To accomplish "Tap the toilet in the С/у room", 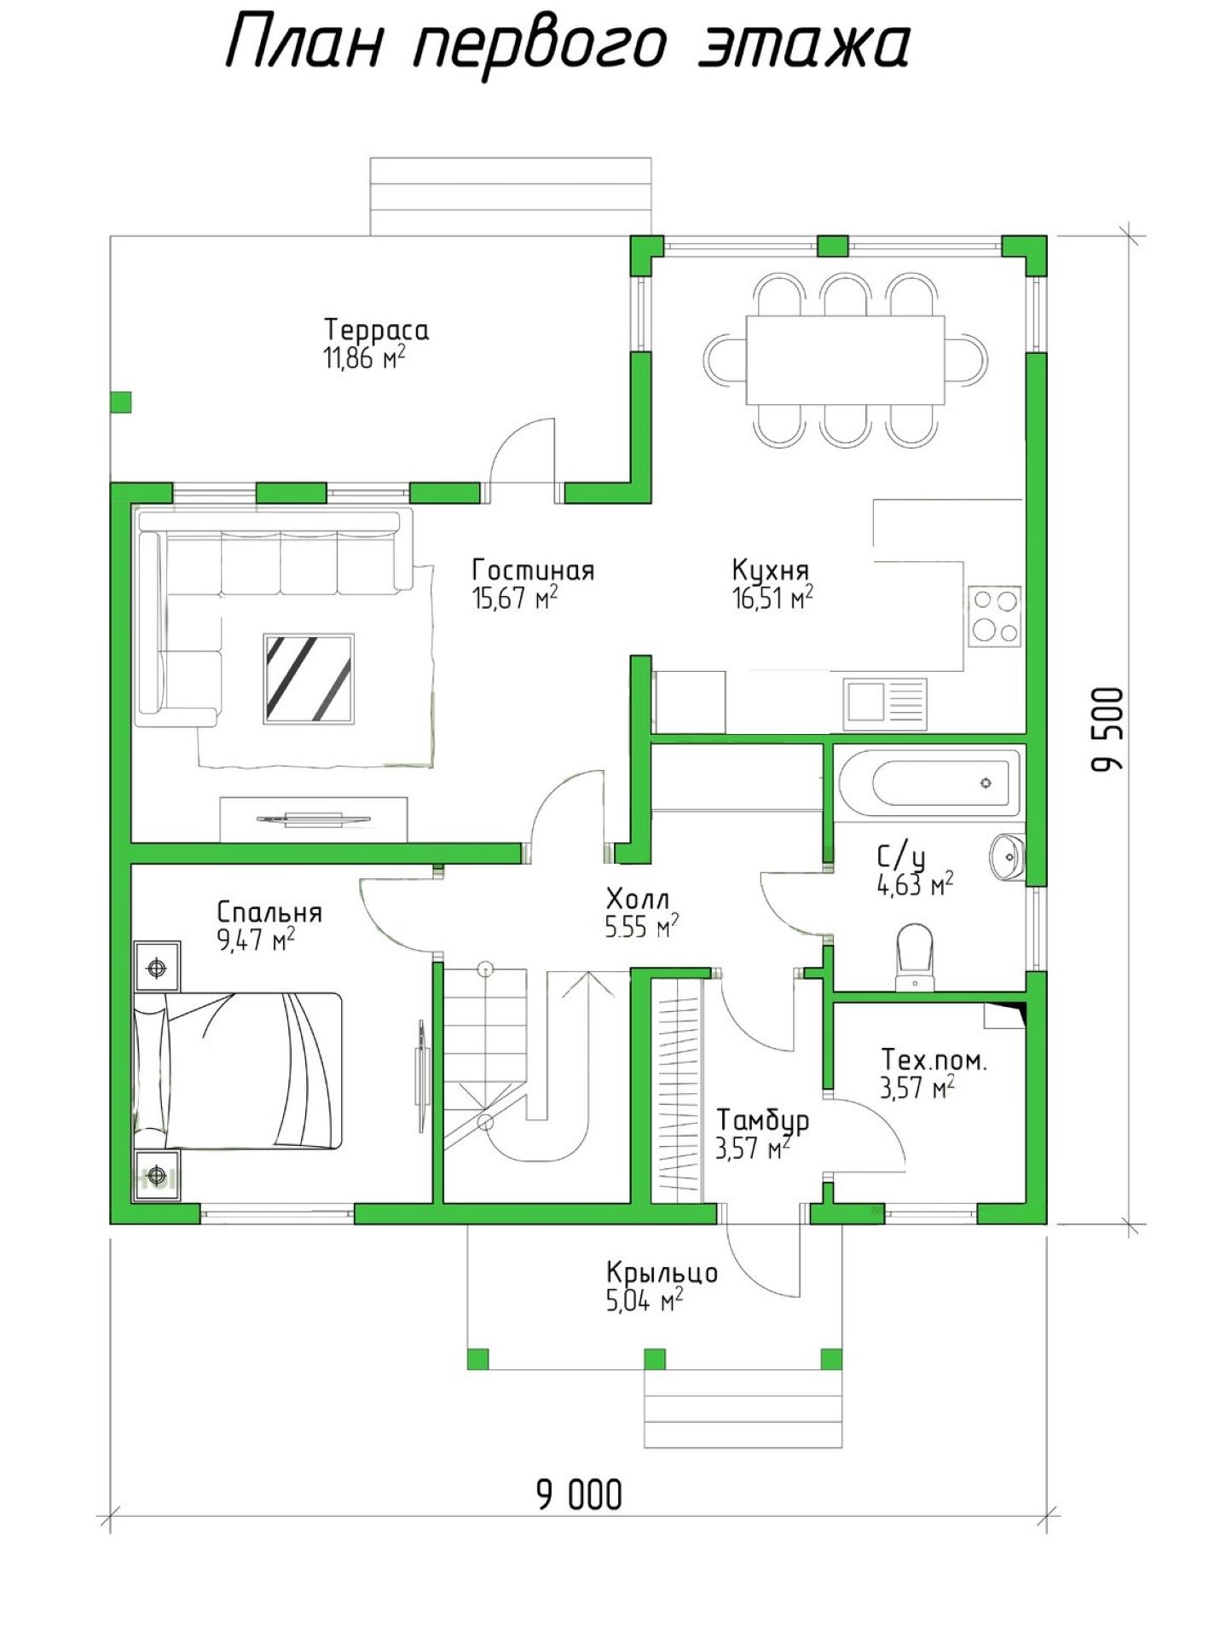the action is click(x=915, y=957).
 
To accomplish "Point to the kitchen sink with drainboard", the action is click(x=887, y=704).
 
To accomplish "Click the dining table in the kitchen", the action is click(x=845, y=360).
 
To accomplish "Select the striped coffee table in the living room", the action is click(x=309, y=679).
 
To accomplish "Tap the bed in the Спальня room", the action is click(x=238, y=1070).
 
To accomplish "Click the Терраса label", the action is click(x=376, y=330).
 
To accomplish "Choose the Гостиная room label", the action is click(x=534, y=570).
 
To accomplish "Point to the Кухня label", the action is click(x=771, y=570).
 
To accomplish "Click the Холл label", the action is click(x=638, y=899).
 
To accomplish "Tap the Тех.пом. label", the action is click(x=934, y=1061).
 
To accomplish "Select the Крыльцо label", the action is click(x=662, y=1274).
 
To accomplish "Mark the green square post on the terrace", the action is click(x=121, y=402).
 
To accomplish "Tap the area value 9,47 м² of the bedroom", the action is click(x=257, y=940).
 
